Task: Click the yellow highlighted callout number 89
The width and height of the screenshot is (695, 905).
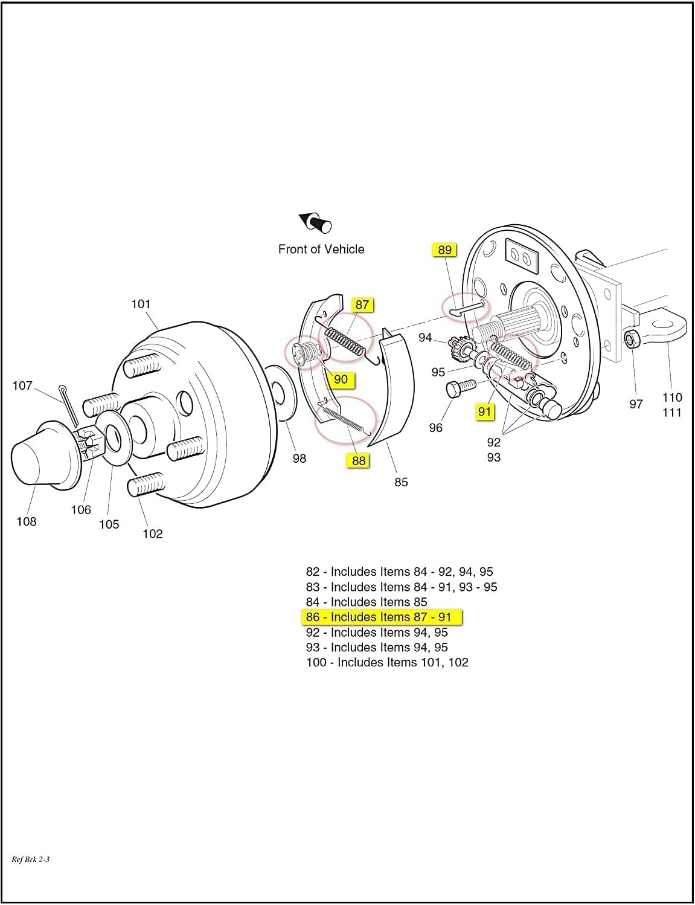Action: pos(444,250)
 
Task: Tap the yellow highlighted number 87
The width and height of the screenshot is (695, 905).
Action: pos(362,305)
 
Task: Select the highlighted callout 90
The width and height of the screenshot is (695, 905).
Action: pos(341,379)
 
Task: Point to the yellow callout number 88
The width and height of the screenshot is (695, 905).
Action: pos(359,460)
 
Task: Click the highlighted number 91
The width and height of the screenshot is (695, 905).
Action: pos(485,412)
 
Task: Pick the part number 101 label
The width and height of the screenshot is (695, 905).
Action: pos(141,304)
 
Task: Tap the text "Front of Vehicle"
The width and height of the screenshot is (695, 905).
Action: pos(321,250)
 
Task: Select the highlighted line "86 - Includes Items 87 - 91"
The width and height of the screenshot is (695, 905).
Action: pos(379,617)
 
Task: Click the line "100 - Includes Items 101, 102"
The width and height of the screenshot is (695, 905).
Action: pos(387,663)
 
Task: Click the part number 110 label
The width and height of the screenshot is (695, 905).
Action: pos(672,398)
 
